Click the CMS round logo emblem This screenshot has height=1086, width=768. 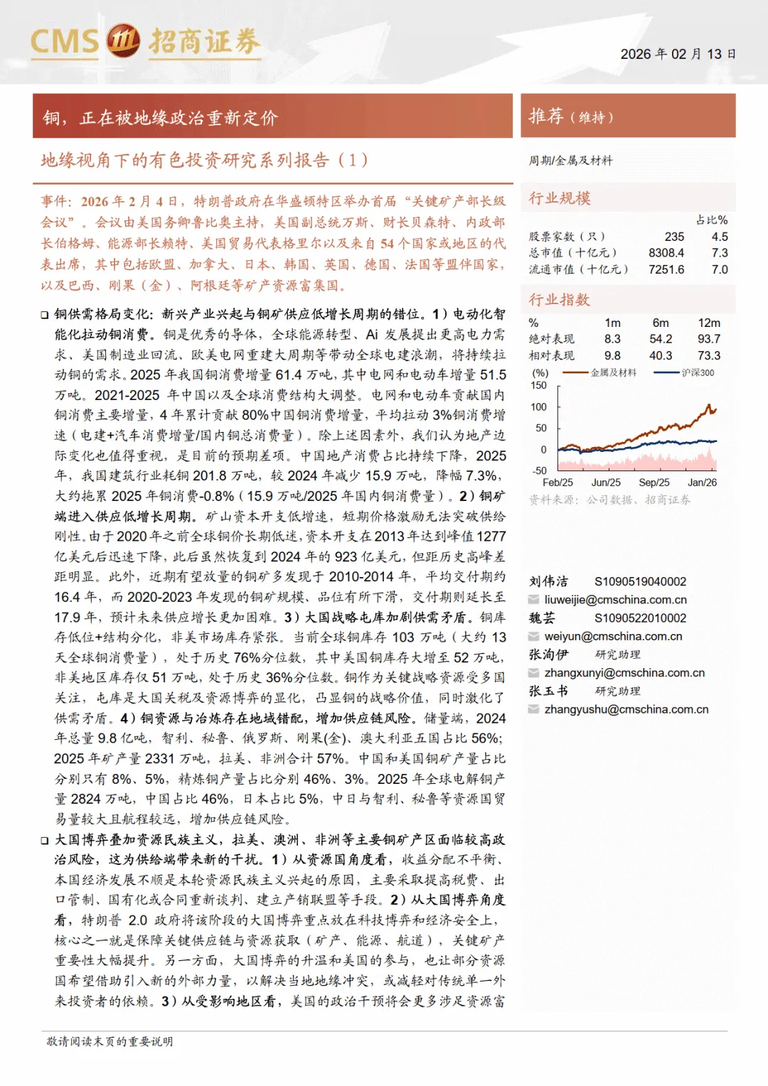(x=123, y=41)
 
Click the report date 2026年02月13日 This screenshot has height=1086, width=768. (x=678, y=54)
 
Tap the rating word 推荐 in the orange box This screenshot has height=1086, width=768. (x=546, y=116)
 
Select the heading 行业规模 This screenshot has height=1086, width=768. (x=560, y=198)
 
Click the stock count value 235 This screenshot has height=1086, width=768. (x=674, y=237)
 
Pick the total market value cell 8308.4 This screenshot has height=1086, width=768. (x=666, y=253)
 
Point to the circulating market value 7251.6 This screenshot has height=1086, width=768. (x=666, y=269)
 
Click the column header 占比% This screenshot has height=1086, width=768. (x=712, y=220)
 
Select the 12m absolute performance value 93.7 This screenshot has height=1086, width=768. (x=709, y=339)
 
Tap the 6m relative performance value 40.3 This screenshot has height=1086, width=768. (x=661, y=355)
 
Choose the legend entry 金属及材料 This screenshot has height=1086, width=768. (x=614, y=372)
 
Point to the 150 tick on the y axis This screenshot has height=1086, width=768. (x=539, y=385)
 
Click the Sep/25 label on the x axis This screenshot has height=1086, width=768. (x=654, y=483)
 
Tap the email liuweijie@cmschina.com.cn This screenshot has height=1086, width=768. (x=616, y=600)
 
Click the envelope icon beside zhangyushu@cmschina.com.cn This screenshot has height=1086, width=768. (x=534, y=709)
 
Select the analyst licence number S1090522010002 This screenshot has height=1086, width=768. (x=641, y=618)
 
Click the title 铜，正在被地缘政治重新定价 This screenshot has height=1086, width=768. (x=161, y=118)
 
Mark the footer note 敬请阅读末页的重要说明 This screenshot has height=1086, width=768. (x=110, y=1041)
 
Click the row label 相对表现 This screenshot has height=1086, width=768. (x=552, y=355)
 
